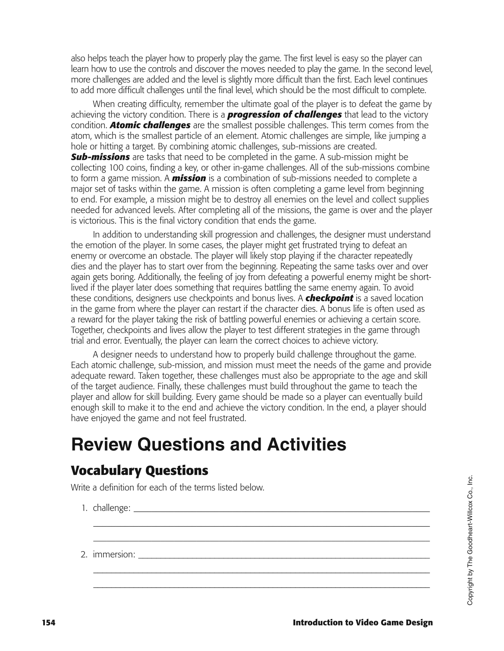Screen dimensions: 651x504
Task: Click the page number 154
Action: [48, 623]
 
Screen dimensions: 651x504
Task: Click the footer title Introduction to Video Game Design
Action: [362, 623]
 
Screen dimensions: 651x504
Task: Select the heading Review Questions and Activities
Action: [208, 445]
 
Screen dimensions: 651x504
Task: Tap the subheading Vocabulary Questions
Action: [139, 470]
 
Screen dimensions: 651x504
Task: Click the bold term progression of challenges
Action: [284, 115]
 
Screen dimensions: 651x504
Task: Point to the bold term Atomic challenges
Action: [150, 125]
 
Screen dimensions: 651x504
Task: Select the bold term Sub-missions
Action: [100, 157]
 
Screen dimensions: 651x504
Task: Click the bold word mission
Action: [189, 178]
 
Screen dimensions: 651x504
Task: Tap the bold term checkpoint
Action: [329, 298]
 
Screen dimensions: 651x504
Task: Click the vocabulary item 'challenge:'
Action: [112, 508]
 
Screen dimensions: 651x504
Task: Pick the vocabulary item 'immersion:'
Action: [114, 554]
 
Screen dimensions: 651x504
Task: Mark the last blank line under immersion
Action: [261, 588]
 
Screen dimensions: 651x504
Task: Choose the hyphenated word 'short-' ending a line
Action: [420, 277]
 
